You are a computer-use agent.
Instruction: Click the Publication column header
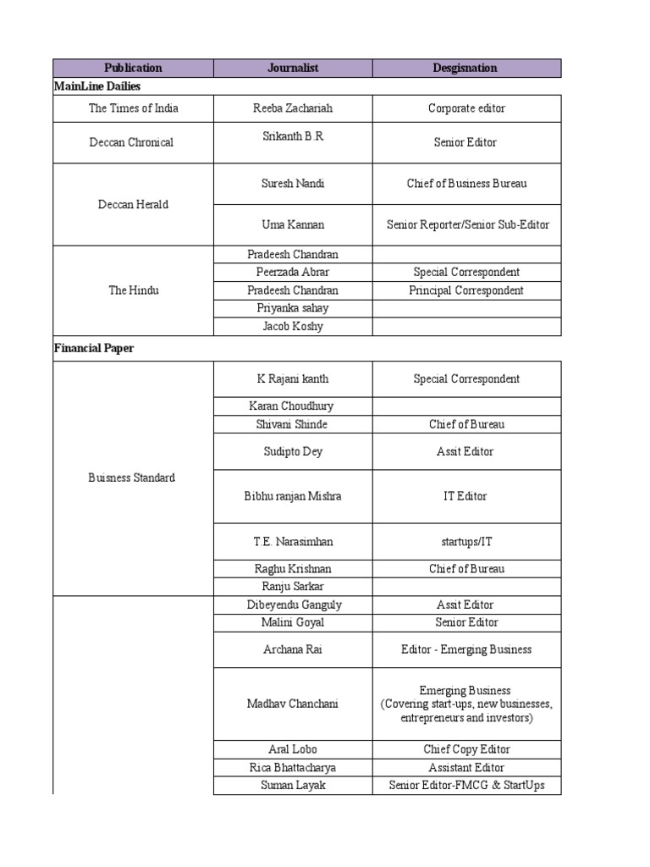click(133, 68)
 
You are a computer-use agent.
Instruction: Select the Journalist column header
click(292, 68)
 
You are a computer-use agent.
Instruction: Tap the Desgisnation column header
click(466, 68)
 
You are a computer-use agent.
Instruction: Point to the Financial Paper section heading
click(93, 348)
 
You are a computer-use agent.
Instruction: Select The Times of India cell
click(133, 108)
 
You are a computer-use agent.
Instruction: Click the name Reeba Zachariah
click(292, 108)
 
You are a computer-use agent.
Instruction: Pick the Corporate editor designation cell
click(466, 108)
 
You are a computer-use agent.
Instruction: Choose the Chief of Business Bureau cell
click(466, 184)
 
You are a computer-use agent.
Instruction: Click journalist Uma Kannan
click(293, 224)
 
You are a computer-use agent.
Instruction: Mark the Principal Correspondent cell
click(466, 290)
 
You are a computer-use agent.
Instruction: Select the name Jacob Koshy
click(293, 326)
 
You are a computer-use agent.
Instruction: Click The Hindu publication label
click(133, 290)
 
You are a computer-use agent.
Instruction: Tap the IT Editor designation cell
click(466, 496)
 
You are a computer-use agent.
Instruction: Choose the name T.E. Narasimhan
click(293, 541)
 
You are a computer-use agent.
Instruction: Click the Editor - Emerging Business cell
click(466, 649)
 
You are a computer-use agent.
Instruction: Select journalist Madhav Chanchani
click(293, 704)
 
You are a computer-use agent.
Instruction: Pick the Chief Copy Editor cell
click(466, 749)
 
